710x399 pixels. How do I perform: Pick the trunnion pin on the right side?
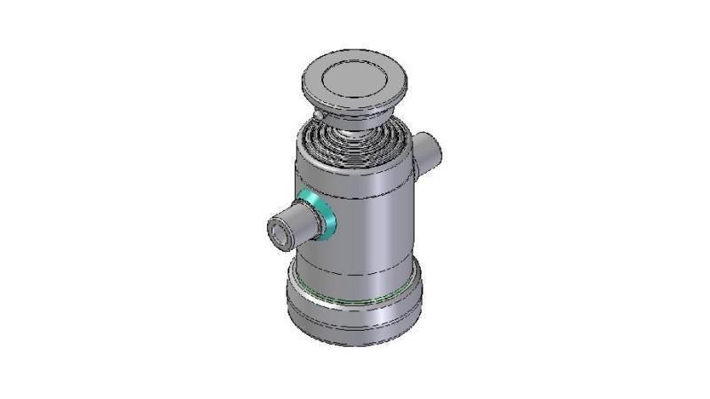[x=428, y=148]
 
